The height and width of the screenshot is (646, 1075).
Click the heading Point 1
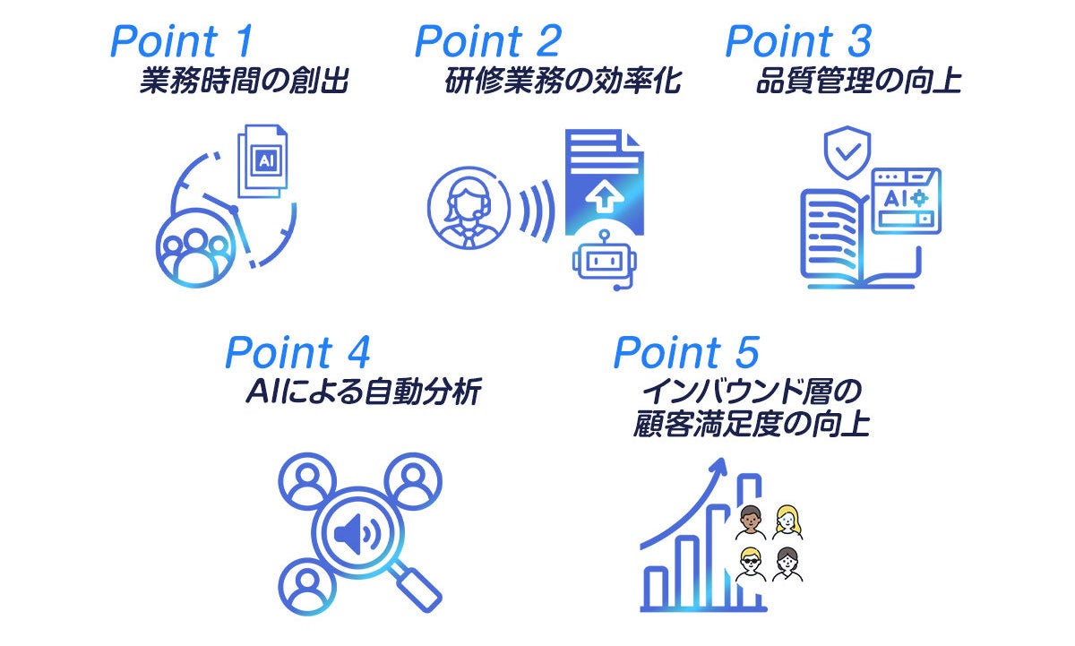tap(183, 41)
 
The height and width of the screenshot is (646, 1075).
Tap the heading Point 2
tap(488, 41)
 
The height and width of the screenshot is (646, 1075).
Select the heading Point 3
tap(797, 41)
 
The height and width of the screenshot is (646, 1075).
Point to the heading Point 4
tap(297, 353)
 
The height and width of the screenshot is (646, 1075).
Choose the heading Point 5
tap(686, 353)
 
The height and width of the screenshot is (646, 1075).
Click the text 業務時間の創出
tap(243, 82)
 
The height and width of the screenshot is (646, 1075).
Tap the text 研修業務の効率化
tap(563, 82)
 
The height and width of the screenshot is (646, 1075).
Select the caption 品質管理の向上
tap(858, 82)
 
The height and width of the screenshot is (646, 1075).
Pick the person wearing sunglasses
tap(751, 564)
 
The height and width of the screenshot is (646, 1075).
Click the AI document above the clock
tap(264, 161)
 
